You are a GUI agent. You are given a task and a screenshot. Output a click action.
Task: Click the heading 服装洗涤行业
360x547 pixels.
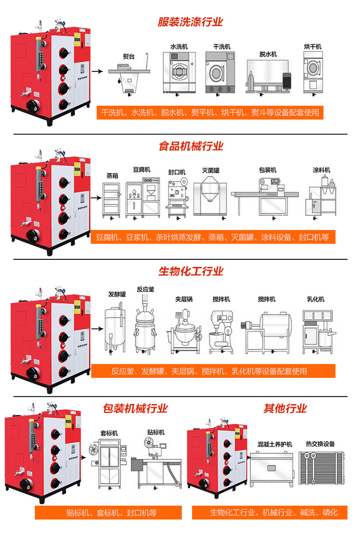point(191,22)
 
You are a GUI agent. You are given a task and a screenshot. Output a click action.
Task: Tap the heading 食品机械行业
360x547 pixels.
point(191,146)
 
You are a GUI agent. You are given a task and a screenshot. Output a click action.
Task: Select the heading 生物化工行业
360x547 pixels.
point(191,271)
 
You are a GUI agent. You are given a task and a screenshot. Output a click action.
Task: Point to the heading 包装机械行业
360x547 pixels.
point(135,409)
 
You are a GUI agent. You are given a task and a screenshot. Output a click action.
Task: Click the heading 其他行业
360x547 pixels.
point(285,408)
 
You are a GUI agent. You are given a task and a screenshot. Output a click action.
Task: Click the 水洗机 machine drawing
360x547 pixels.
point(180,73)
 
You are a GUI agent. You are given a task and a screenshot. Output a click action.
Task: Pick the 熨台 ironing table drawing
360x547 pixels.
point(130,77)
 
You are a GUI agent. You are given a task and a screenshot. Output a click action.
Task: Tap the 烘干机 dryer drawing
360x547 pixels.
point(313,73)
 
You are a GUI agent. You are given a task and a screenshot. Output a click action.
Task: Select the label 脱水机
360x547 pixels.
point(268,54)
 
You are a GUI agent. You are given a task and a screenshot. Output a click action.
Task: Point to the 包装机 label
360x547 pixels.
point(267,170)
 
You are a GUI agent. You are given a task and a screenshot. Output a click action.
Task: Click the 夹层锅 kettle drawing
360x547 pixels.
point(184,331)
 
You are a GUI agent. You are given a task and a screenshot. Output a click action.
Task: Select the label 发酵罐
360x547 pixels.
point(117,294)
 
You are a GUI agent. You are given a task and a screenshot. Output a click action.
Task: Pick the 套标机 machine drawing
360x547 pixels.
point(108,464)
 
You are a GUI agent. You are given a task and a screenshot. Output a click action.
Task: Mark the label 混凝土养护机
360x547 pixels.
point(275,444)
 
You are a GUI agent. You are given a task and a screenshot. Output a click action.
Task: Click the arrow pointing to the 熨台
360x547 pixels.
point(97,72)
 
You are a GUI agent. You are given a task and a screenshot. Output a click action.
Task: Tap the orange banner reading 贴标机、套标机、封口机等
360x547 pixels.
point(108,513)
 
